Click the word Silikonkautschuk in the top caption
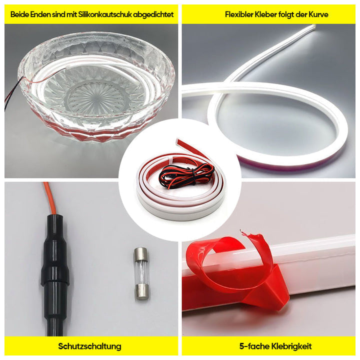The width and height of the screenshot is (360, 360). (105, 14)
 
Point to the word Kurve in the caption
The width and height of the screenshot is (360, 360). (318, 14)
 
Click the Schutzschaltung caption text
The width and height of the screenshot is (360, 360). (90, 346)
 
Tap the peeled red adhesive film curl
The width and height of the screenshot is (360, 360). (235, 265)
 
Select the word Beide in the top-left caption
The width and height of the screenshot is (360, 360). (19, 14)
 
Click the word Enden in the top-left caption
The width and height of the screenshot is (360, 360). (42, 14)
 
